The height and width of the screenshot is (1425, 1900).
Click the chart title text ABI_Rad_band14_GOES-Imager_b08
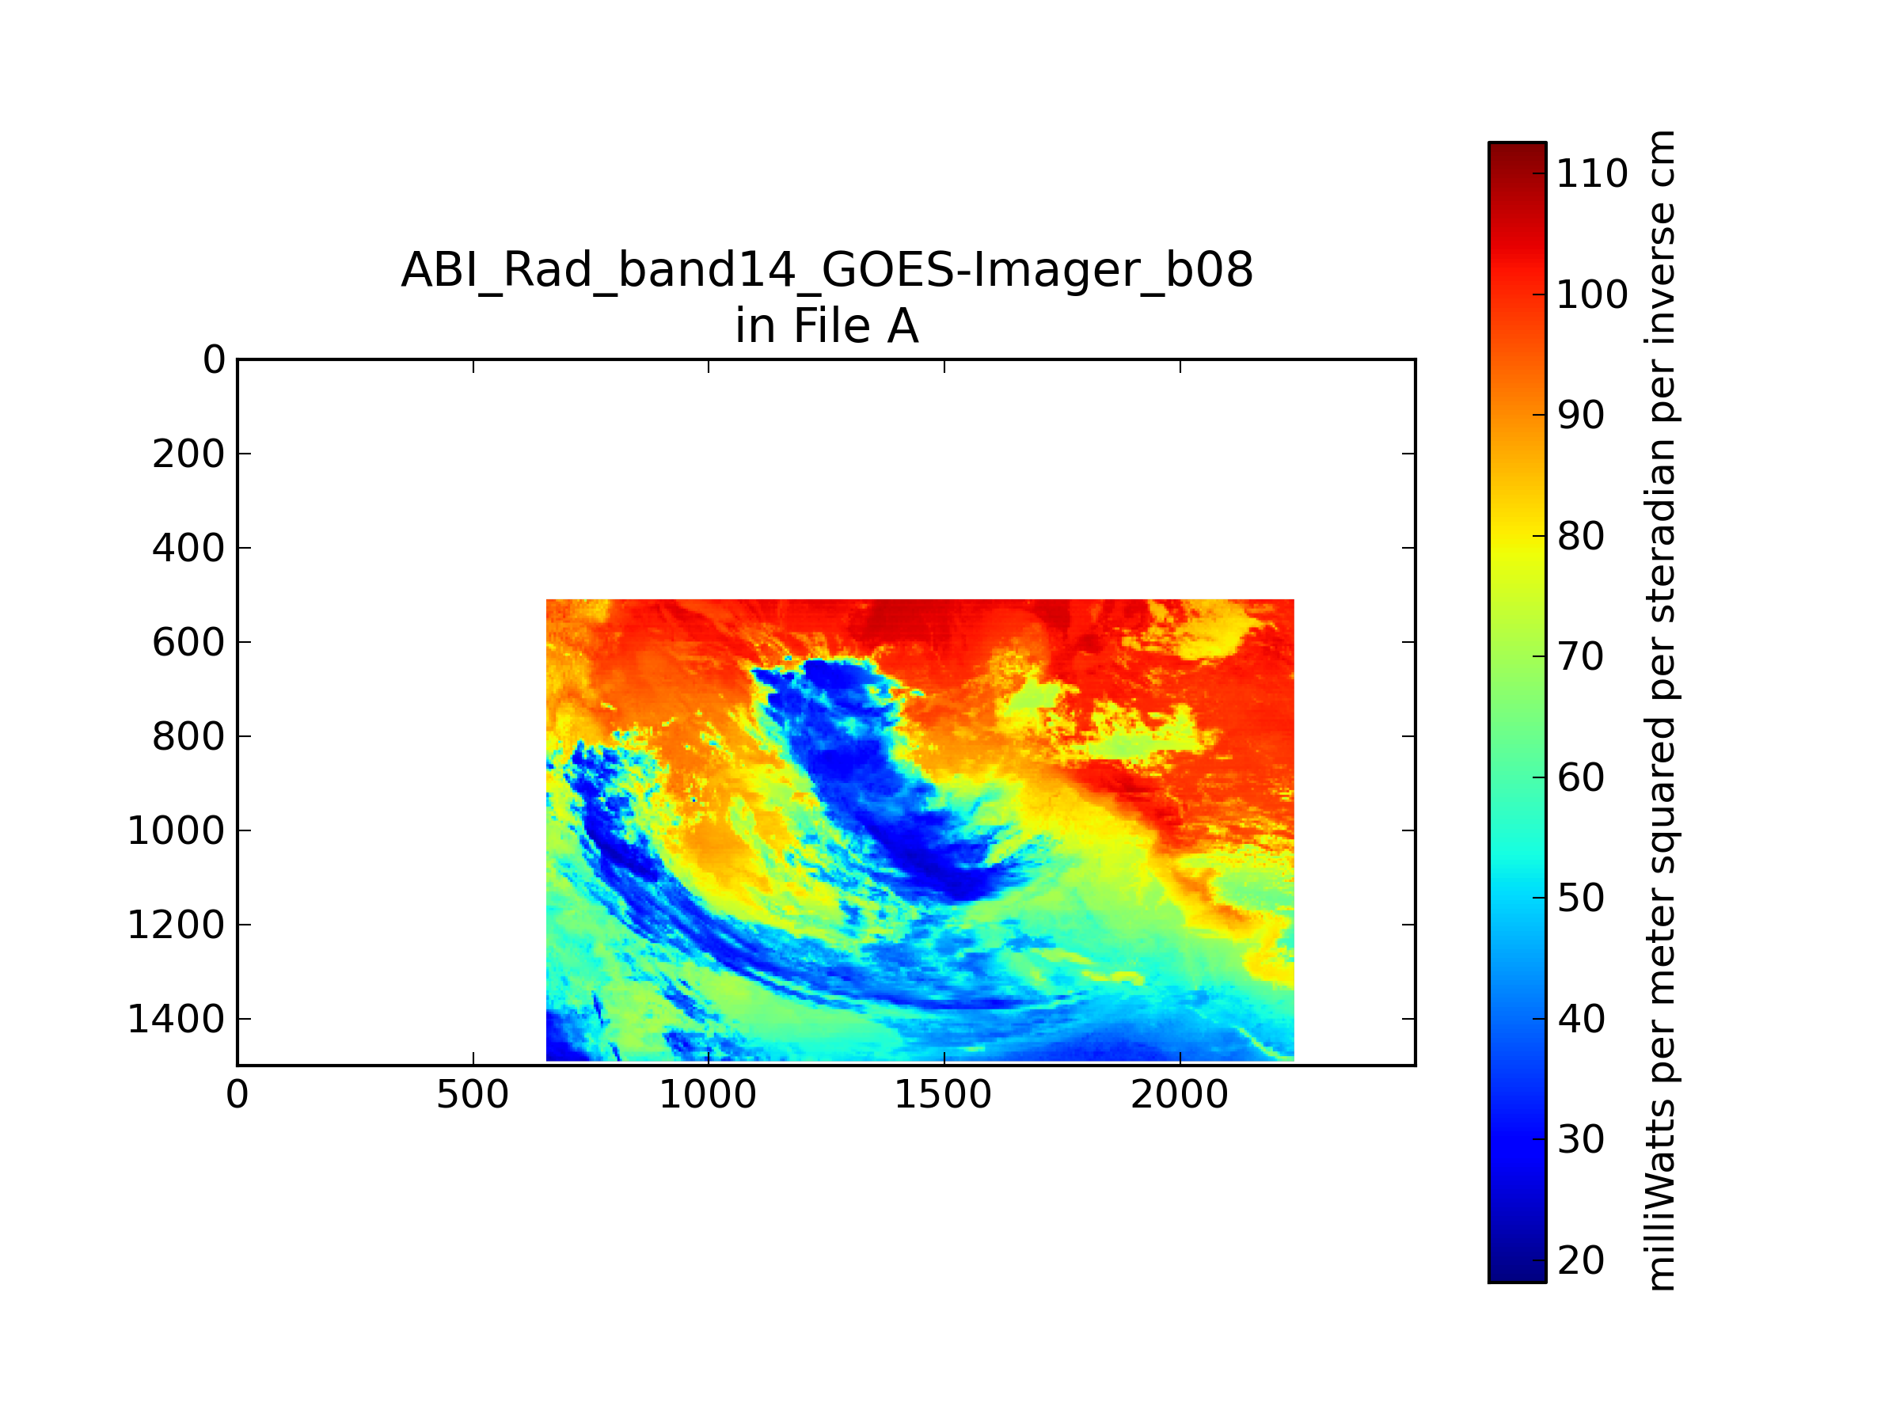(826, 271)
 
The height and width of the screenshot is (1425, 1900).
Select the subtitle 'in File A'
(826, 326)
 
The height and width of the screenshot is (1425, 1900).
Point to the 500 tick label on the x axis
(473, 1095)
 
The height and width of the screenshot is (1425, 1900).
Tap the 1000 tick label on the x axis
(708, 1095)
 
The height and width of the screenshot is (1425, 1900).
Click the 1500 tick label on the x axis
(943, 1095)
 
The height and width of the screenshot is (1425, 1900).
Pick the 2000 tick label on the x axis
(1180, 1095)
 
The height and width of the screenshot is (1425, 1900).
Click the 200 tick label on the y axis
(188, 454)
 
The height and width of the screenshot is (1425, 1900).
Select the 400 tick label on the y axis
(188, 548)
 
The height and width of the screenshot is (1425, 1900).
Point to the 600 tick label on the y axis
(188, 643)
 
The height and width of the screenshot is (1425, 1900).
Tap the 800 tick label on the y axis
(188, 737)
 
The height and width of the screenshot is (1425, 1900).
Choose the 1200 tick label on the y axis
(176, 925)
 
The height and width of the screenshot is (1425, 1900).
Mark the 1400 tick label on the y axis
(176, 1020)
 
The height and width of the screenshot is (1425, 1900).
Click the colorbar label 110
(1591, 174)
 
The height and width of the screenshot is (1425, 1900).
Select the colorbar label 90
(1580, 416)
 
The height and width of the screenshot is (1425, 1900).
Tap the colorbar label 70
(1580, 657)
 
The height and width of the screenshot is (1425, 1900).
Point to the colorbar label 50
(1580, 899)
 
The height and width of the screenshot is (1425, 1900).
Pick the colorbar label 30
(1580, 1140)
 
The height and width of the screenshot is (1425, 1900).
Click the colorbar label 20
(1580, 1261)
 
